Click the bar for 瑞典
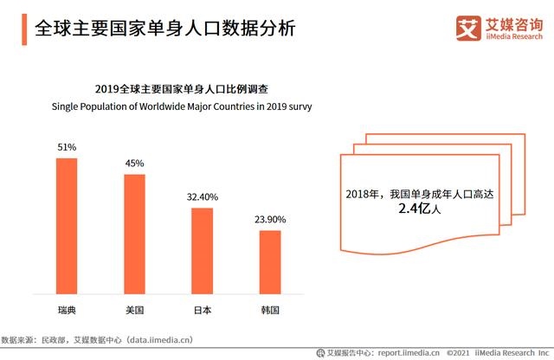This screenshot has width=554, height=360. tap(67, 226)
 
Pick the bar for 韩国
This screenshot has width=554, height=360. tap(270, 262)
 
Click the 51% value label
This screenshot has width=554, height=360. tap(67, 147)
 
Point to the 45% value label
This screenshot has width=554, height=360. tap(134, 164)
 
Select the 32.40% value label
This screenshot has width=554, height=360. tap(203, 197)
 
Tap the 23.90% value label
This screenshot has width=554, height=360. tap(270, 220)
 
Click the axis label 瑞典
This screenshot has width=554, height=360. tap(67, 309)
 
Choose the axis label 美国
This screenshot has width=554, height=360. tap(134, 309)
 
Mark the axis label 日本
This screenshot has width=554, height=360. tap(203, 309)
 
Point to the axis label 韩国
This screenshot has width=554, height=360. tap(270, 309)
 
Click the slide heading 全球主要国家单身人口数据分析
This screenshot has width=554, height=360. tap(164, 29)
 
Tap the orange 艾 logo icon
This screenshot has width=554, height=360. tap(468, 29)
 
